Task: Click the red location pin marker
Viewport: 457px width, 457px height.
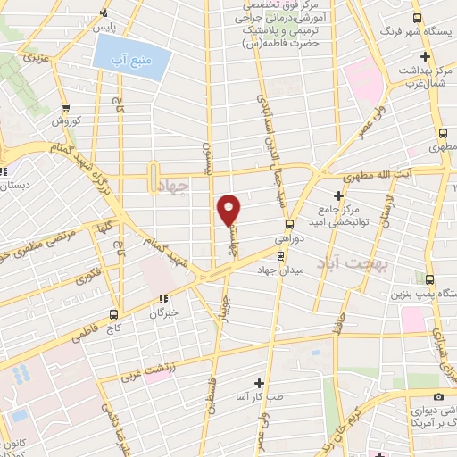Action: point(229,210)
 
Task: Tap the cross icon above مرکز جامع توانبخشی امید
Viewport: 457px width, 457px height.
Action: point(337,195)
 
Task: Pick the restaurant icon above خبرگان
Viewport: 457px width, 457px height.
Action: point(162,300)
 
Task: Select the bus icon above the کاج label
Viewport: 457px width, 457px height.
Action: point(112,313)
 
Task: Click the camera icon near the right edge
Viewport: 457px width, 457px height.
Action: point(437,396)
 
